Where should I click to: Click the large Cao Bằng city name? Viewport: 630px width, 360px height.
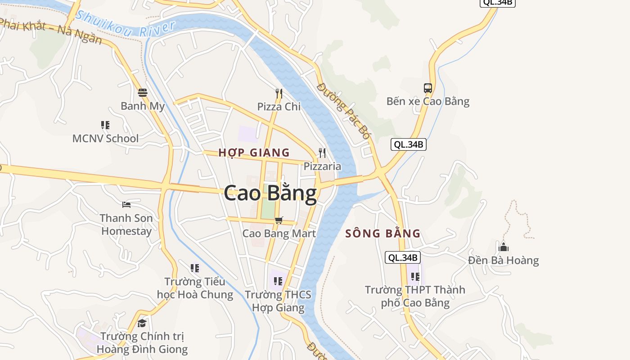tap(270, 193)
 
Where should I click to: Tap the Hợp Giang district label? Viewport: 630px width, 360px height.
tap(254, 153)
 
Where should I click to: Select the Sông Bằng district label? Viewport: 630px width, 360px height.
tap(383, 234)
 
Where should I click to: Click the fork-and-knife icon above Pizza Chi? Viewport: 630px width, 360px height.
tap(279, 94)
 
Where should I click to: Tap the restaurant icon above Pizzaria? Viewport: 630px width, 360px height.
tap(322, 153)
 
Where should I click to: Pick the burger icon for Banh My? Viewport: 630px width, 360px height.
tap(143, 93)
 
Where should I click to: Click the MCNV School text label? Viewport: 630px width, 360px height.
tap(105, 139)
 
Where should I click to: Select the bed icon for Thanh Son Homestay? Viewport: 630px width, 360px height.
tap(126, 205)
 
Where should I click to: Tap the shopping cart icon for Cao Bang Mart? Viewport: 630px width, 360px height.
tap(279, 220)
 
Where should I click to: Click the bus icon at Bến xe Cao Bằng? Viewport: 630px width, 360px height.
tap(427, 88)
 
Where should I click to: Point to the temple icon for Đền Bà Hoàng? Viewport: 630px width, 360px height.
tap(504, 247)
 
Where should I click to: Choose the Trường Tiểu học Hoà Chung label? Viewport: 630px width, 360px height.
tap(195, 288)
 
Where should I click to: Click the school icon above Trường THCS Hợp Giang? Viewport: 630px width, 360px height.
tap(278, 281)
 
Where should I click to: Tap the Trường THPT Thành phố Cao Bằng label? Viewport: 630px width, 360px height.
tap(415, 296)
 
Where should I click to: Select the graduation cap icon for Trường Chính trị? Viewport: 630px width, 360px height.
tap(142, 323)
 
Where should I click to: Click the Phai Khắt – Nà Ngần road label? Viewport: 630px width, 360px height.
tap(52, 31)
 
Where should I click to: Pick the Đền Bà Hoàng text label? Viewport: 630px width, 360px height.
tap(503, 261)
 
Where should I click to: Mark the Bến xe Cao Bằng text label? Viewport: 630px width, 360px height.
tap(427, 101)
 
